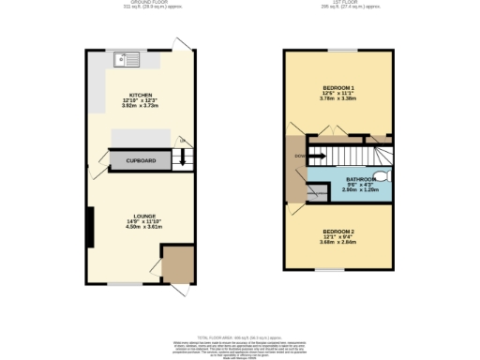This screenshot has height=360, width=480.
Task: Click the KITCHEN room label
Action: pyautogui.click(x=141, y=95)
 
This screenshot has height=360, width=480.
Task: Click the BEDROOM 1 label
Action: pyautogui.click(x=337, y=85)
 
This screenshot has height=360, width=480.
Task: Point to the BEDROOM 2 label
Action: pyautogui.click(x=338, y=231)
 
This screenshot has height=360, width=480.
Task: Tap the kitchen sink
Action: pyautogui.click(x=123, y=61)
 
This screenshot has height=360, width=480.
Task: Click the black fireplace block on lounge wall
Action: pyautogui.click(x=90, y=225)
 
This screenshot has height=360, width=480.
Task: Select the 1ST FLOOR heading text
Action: pyautogui.click(x=338, y=3)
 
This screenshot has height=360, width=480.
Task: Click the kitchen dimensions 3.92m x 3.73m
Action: pyautogui.click(x=141, y=106)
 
